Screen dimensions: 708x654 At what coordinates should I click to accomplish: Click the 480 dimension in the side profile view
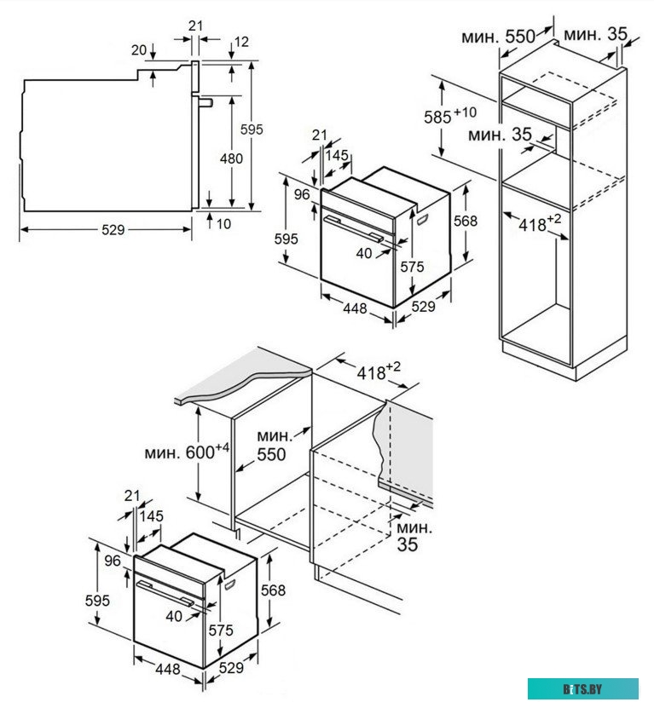[230, 158]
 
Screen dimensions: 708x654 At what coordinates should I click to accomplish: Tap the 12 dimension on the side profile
[241, 41]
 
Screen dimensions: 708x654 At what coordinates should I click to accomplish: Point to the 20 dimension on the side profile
[139, 50]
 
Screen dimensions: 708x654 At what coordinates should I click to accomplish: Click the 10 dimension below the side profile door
[223, 224]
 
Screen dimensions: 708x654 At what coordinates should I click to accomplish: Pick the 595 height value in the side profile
[252, 130]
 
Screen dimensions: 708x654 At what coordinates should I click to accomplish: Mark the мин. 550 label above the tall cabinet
[498, 37]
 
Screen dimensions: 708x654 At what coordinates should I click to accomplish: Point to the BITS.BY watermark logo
[582, 688]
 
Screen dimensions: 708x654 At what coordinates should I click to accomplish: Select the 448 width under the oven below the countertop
[168, 670]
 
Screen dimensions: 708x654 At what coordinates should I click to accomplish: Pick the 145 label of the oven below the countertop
[153, 516]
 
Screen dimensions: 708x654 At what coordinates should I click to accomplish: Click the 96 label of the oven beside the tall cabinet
[300, 194]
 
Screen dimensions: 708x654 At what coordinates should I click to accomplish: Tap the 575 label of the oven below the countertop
[221, 630]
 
